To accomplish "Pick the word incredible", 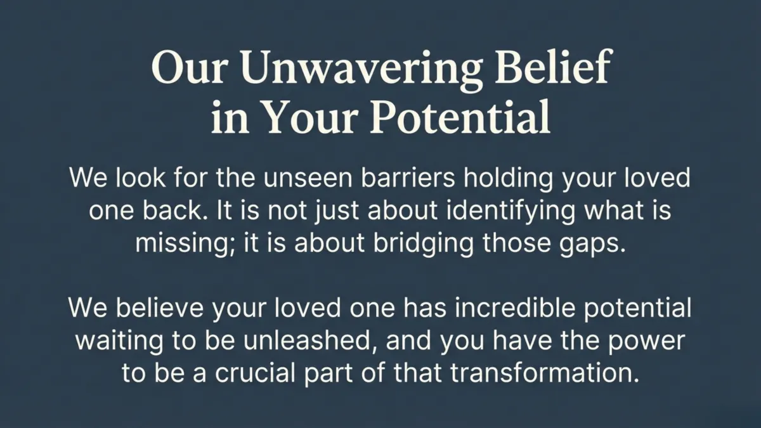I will pos(504,308).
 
